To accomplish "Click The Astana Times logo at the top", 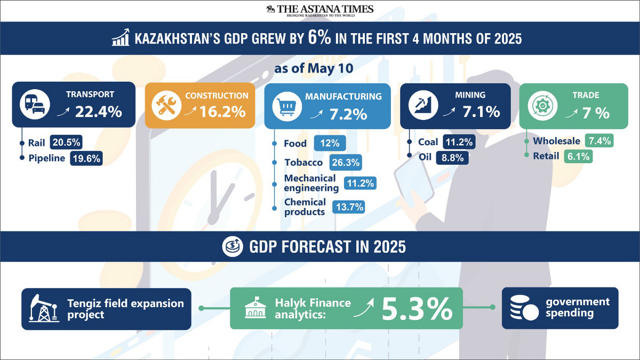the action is point(320,11).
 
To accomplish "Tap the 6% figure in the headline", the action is point(319,38).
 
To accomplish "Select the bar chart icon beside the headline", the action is point(121,37).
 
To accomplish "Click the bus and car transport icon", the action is point(35,105).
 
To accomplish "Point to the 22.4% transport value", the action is point(99,111).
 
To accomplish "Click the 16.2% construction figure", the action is point(222,111).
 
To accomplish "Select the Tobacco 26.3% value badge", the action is point(346,162).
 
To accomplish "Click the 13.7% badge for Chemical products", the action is point(349,207).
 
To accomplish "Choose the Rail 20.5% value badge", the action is point(66,142).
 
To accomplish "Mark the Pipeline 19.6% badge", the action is point(86,158).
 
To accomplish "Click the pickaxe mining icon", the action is point(423,105).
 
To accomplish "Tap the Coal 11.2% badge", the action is point(459,142).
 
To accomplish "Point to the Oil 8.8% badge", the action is point(452,158).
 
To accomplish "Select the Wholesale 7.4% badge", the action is point(599,141).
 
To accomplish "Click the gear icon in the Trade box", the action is point(542,106).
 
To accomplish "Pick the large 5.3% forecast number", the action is point(417,309).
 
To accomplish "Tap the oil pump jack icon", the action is point(44,309).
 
